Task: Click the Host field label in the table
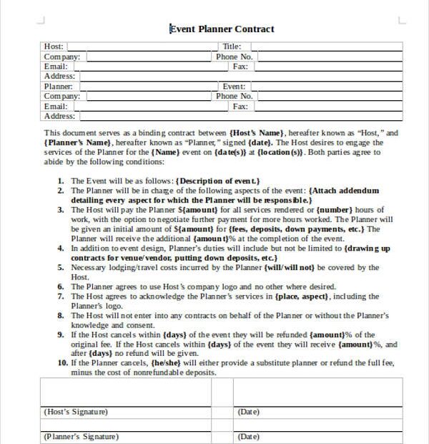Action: click(54, 47)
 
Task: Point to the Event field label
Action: click(235, 87)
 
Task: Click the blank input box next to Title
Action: click(322, 47)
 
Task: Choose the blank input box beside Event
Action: click(322, 87)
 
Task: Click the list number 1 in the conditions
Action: click(61, 181)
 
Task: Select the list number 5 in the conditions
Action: click(61, 267)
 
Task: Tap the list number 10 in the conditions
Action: click(59, 362)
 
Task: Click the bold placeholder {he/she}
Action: click(161, 362)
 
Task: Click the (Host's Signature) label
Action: click(76, 412)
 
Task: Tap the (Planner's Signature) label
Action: click(81, 436)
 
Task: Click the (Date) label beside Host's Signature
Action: click(248, 412)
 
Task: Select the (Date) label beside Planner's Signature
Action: click(248, 436)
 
